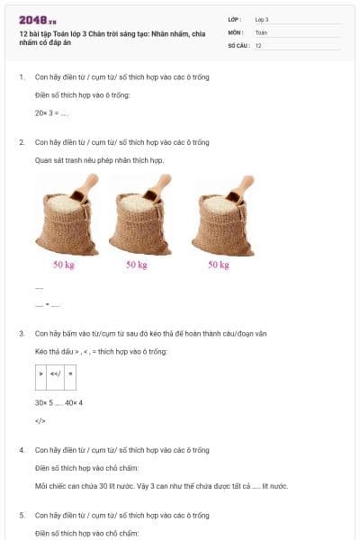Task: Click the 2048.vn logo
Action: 38,21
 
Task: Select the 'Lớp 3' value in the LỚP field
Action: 262,20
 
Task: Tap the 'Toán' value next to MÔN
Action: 261,32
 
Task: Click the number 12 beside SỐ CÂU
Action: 258,46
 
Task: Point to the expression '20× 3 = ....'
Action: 51,113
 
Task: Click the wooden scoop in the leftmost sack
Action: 84,188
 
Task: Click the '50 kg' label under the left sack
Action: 64,265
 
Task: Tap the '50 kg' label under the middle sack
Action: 137,265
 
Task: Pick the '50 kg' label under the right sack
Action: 219,265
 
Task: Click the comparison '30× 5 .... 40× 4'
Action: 58,403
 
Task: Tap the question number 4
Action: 22,450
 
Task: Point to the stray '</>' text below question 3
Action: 40,421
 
